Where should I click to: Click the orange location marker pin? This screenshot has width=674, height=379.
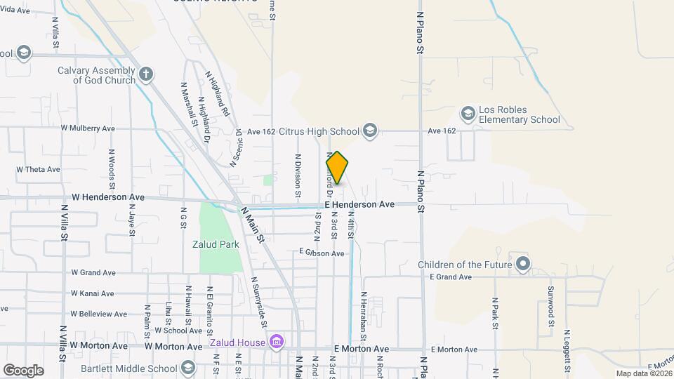(x=337, y=168)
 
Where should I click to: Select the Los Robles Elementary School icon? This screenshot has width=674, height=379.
(x=468, y=114)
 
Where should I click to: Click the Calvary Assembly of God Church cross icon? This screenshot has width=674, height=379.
(x=146, y=74)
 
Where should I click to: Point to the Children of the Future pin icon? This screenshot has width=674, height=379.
(x=522, y=265)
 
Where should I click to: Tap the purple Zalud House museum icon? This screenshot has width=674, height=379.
(x=277, y=343)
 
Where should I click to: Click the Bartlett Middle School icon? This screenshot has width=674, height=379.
(x=187, y=368)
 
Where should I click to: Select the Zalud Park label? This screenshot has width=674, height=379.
(x=216, y=245)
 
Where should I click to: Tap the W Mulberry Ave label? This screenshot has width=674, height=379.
(x=88, y=128)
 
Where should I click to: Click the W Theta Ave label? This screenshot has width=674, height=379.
(x=38, y=169)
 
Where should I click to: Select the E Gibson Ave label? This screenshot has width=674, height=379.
(x=322, y=253)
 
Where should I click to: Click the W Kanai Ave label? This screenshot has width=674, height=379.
(x=93, y=293)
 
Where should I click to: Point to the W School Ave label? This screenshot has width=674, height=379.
(x=178, y=330)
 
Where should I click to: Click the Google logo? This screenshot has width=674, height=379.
(x=23, y=371)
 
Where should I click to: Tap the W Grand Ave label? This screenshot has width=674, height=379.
(x=93, y=272)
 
